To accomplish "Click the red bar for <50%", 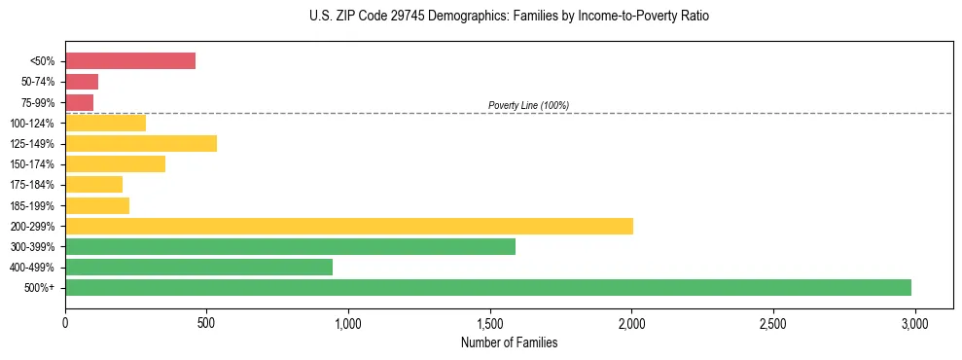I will pos(130,60).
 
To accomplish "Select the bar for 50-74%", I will pos(82,82).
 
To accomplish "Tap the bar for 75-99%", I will pos(79,102).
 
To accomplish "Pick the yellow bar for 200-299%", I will pos(349,226).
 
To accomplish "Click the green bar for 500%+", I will pos(488,287).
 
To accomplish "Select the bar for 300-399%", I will pos(290,246).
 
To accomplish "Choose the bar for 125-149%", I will pos(141,143).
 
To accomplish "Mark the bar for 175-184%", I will pos(93,184).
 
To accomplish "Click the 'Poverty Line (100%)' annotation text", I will pos(528,105).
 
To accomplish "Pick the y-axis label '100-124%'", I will pos(32,124).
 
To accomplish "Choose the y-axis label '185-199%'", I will pos(32,205).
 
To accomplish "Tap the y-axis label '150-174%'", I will pos(32,164).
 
